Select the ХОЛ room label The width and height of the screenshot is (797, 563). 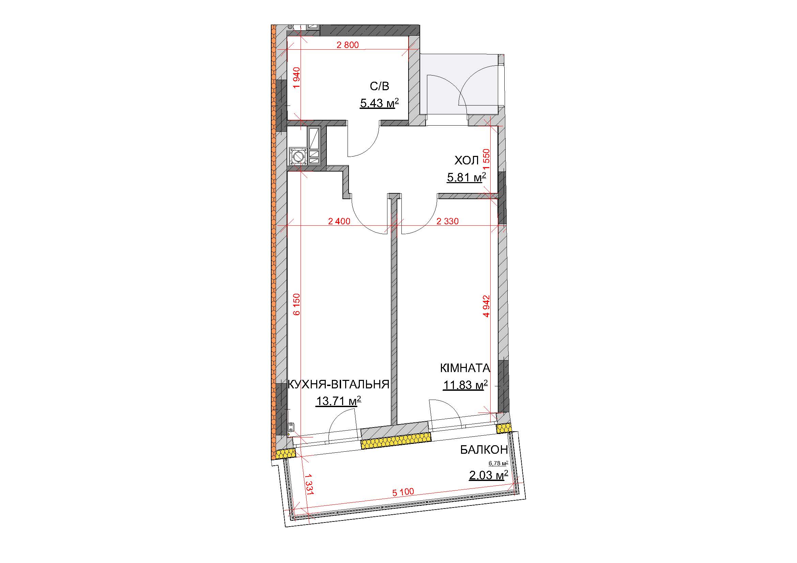click(466, 161)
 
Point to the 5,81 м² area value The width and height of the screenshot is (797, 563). click(466, 177)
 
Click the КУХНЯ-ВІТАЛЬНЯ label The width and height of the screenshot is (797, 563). click(338, 384)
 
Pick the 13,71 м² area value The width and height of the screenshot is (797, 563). click(338, 401)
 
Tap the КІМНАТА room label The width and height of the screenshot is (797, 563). click(465, 368)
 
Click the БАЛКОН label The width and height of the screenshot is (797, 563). click(484, 450)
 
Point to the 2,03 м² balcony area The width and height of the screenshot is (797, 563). click(488, 475)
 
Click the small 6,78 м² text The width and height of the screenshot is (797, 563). click(498, 463)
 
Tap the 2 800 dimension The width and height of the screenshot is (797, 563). click(348, 45)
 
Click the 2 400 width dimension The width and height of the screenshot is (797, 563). click(339, 221)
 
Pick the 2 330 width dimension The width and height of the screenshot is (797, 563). click(447, 221)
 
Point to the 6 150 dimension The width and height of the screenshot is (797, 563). click(296, 304)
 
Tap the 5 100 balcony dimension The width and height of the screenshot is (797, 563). click(403, 492)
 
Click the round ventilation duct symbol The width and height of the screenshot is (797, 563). click(298, 157)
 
